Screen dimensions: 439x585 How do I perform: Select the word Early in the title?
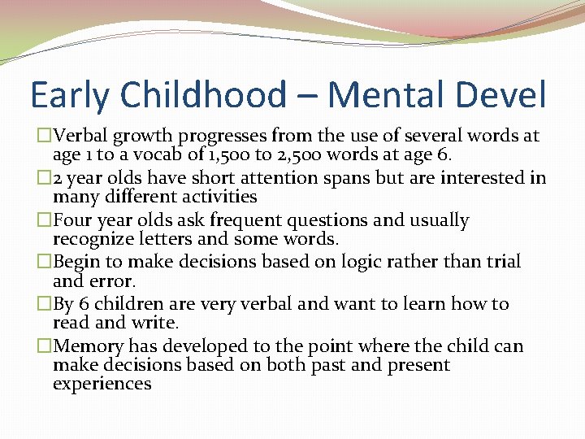coord(71,95)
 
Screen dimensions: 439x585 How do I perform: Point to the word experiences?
coord(102,384)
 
